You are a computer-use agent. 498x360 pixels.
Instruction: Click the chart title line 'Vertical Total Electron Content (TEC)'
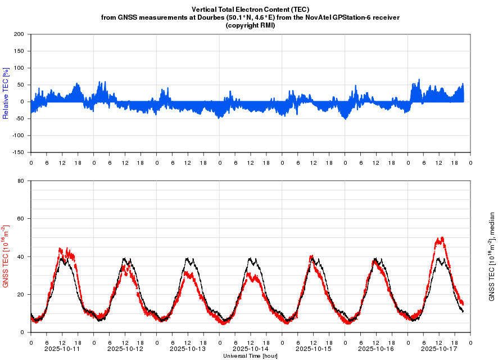[250, 10]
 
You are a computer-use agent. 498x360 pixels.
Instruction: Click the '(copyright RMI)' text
[250, 25]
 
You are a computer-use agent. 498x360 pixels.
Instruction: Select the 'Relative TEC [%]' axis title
[6, 93]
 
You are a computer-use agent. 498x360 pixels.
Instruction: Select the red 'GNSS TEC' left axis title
[6, 256]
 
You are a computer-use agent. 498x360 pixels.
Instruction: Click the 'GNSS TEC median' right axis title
[491, 256]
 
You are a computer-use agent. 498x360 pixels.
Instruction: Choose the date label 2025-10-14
[250, 349]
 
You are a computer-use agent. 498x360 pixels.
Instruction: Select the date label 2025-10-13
[188, 349]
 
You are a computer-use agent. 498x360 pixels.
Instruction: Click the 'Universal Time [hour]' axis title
[250, 355]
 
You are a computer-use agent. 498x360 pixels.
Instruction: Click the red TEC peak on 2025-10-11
[61, 249]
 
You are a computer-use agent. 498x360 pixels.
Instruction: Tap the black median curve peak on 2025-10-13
[189, 259]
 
